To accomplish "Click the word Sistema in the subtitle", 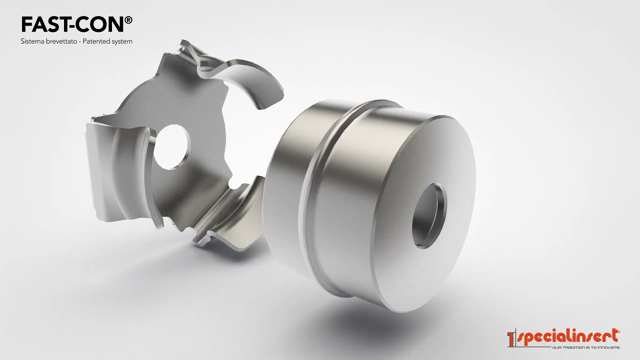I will (x=31, y=41).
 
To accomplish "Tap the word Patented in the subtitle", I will (x=100, y=41).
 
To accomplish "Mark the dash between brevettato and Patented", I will (x=83, y=41).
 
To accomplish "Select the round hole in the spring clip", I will (x=171, y=146).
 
